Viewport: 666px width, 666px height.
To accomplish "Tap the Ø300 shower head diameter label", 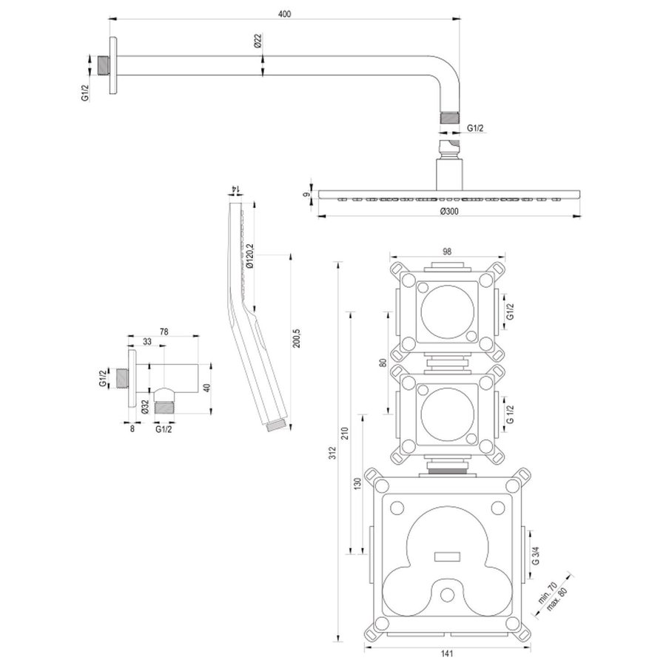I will click(448, 212).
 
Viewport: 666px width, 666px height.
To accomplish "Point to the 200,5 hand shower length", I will click(297, 337).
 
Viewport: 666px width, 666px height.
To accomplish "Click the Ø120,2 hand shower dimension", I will click(251, 256).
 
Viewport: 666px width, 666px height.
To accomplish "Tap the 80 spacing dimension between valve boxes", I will click(383, 363).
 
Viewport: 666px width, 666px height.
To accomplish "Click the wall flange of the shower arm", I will click(112, 65).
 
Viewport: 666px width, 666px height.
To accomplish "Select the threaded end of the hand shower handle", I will click(275, 424).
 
